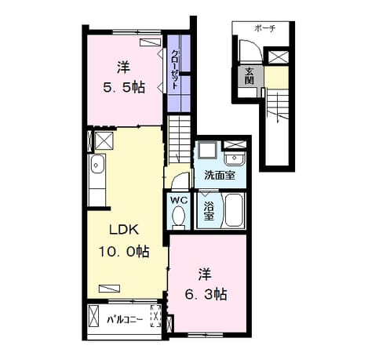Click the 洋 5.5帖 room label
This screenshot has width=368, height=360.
coord(124,77)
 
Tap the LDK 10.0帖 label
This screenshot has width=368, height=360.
coord(124,241)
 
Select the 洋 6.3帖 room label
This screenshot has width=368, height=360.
coord(206,285)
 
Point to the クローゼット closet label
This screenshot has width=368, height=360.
coord(174,69)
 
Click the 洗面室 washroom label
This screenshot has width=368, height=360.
coord(220,176)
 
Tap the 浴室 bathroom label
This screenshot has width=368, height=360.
coord(209,211)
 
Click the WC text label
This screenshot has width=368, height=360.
coord(179,200)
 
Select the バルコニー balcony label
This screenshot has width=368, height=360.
coord(125,319)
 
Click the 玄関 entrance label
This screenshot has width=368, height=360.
coord(250,76)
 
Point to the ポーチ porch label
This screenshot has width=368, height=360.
coord(265,28)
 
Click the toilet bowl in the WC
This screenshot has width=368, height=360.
coord(179,216)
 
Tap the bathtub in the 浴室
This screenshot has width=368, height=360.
coord(234,210)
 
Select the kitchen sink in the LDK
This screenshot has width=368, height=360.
coord(97,165)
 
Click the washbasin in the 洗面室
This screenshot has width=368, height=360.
coord(235,158)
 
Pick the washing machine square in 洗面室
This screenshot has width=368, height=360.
coord(207,151)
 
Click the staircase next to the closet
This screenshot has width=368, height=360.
coord(179,140)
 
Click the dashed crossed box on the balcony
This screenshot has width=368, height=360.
coord(156,316)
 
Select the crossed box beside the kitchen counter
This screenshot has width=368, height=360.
coord(104,141)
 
